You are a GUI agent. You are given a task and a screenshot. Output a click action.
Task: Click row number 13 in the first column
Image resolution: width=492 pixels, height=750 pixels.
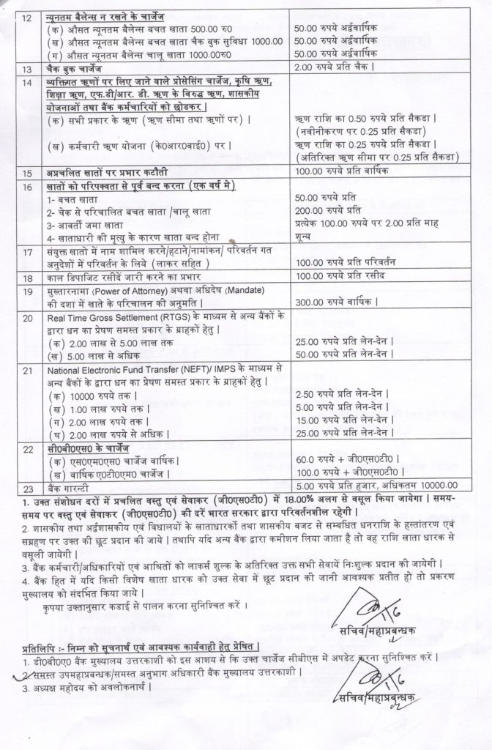(27, 70)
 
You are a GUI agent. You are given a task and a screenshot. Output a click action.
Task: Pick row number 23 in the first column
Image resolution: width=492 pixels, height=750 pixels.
(27, 485)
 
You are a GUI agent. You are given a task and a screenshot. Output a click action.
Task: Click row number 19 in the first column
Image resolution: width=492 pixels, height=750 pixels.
(27, 291)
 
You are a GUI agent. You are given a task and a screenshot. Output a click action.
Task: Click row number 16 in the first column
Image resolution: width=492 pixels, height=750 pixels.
(27, 187)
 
